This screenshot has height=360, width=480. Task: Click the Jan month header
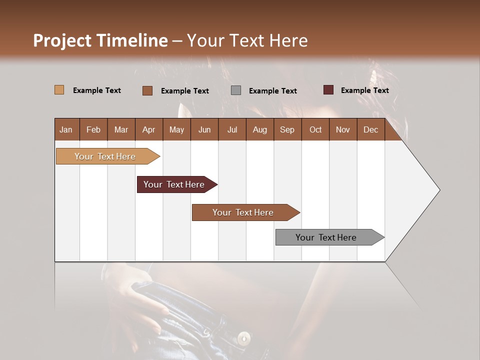[66, 130]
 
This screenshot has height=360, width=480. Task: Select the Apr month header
[148, 130]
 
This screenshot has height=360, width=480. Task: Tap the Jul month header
[232, 130]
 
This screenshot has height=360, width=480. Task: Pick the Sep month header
[287, 130]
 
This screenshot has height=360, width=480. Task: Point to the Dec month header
[370, 130]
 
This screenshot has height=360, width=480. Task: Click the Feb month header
[93, 130]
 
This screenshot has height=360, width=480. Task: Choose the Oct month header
[315, 130]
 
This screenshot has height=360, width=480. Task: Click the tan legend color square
[59, 90]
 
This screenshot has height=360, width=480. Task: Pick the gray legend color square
[236, 90]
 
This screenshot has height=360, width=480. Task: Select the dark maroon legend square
[328, 90]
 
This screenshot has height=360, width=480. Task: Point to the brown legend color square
[147, 90]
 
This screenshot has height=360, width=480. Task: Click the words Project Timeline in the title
[100, 40]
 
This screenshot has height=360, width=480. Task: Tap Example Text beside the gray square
[272, 91]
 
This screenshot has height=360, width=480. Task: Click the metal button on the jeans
[244, 338]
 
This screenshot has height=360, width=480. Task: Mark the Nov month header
[343, 130]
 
